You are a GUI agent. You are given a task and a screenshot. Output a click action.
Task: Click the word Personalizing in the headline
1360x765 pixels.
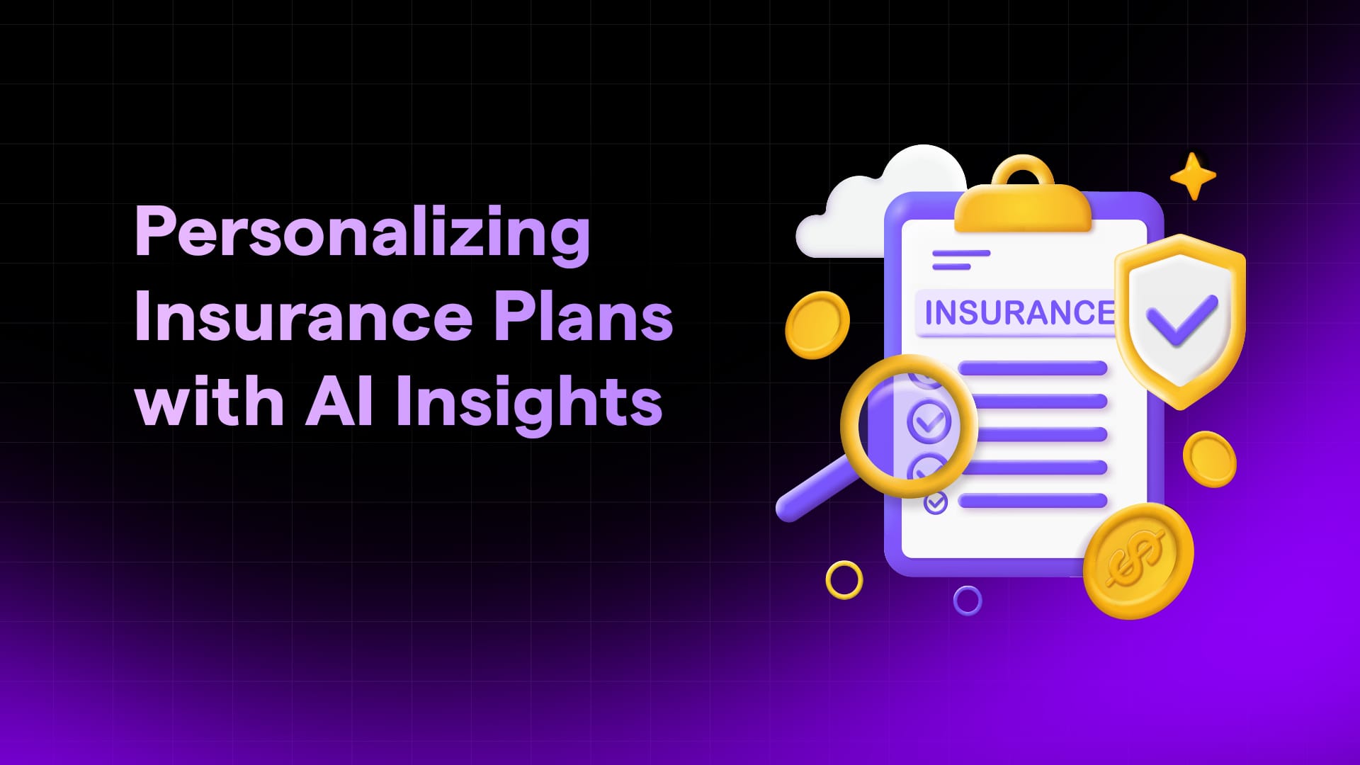362,234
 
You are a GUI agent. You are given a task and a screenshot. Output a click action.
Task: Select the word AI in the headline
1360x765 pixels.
339,401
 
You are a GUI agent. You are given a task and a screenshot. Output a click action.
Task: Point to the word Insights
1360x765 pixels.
530,403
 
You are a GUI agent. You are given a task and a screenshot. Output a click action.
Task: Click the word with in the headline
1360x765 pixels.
210,400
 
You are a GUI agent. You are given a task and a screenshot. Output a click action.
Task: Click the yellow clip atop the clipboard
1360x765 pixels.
1022,195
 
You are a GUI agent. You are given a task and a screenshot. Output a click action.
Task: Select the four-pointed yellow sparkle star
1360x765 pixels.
1193,176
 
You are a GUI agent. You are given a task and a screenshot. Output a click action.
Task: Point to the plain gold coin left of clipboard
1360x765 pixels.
817,325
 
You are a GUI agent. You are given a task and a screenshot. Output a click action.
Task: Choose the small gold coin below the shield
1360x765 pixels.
1209,459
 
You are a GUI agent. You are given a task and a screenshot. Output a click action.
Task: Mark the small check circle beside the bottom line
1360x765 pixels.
936,503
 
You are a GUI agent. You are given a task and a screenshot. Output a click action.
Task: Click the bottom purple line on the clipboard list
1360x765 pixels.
1033,501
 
